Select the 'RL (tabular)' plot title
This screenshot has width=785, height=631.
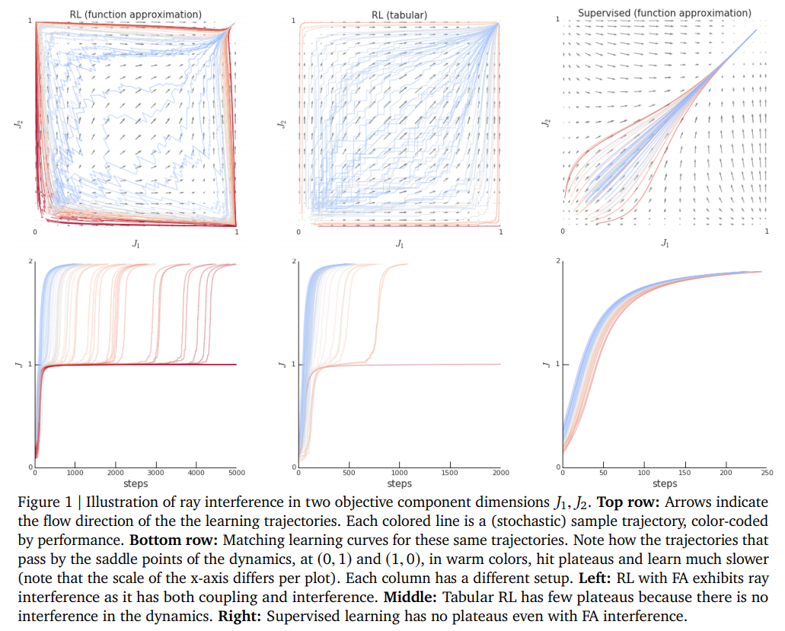pyautogui.click(x=399, y=14)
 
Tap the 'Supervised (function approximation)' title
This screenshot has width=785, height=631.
pyautogui.click(x=664, y=13)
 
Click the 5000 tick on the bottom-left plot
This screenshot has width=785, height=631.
pyautogui.click(x=236, y=473)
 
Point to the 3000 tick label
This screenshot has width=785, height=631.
pyautogui.click(x=155, y=473)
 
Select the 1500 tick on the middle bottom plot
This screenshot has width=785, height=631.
pyautogui.click(x=449, y=473)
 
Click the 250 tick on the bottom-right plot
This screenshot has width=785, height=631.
pyautogui.click(x=767, y=473)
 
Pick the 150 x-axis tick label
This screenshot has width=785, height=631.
pyautogui.click(x=685, y=473)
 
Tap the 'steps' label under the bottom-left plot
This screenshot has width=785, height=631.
pyautogui.click(x=135, y=483)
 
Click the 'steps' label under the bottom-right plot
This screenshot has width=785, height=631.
pyautogui.click(x=665, y=483)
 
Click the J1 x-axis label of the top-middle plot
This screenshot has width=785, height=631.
pyautogui.click(x=400, y=243)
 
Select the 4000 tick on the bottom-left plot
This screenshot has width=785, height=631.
pyautogui.click(x=196, y=473)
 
